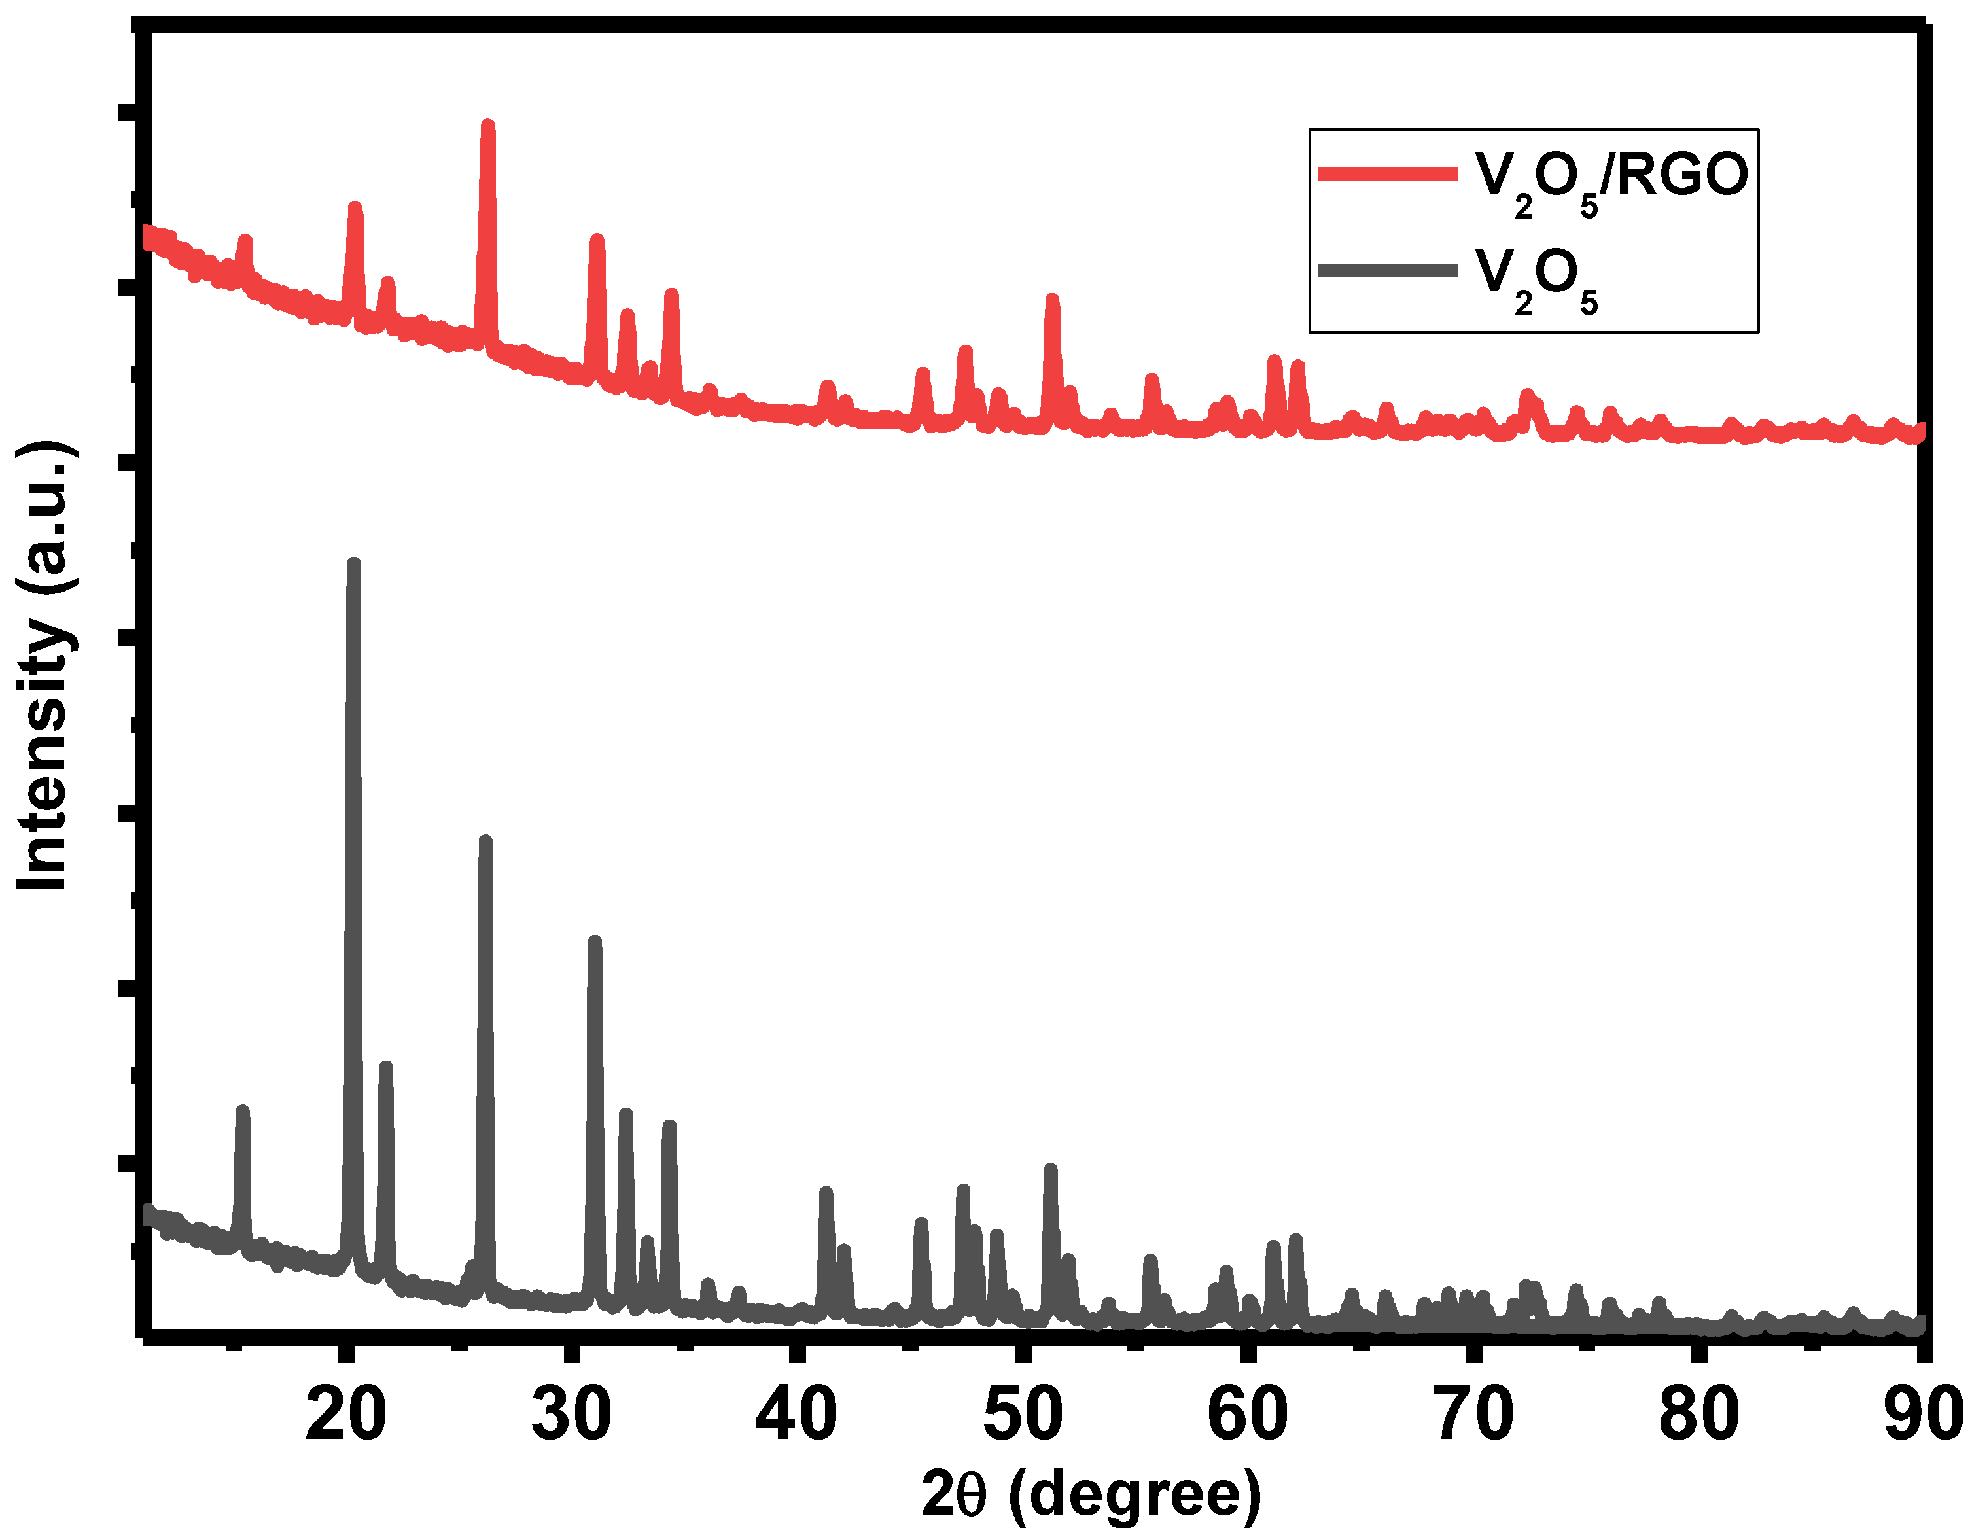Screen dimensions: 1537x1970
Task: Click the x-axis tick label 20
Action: pyautogui.click(x=345, y=1415)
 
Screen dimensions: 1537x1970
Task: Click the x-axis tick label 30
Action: pyautogui.click(x=571, y=1415)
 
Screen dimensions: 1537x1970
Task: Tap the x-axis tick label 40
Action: pyautogui.click(x=796, y=1415)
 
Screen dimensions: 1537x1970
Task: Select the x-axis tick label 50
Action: pyautogui.click(x=1023, y=1415)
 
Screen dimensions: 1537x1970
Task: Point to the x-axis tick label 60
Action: pyautogui.click(x=1248, y=1415)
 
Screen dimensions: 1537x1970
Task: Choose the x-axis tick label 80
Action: pyautogui.click(x=1699, y=1415)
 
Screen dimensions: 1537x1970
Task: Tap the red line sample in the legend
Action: pyautogui.click(x=1387, y=174)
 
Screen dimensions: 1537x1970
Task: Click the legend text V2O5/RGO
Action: pyautogui.click(x=1611, y=178)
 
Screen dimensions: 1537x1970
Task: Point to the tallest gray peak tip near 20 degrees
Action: pyautogui.click(x=353, y=564)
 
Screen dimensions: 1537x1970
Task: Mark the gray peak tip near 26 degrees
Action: pyautogui.click(x=485, y=841)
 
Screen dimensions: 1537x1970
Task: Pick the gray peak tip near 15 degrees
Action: pyautogui.click(x=241, y=1110)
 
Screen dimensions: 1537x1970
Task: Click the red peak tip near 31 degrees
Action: pyautogui.click(x=596, y=239)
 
